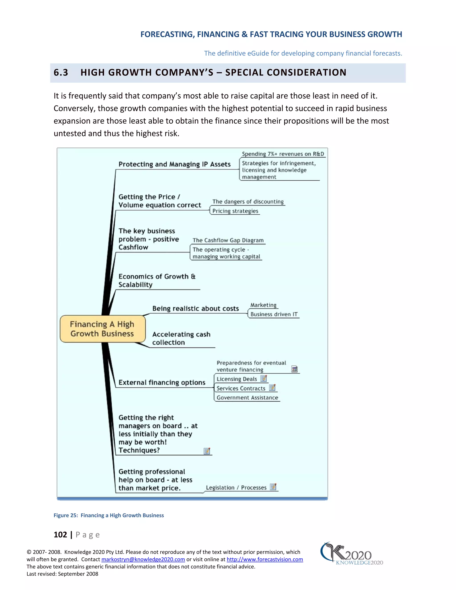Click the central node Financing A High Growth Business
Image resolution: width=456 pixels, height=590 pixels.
pos(102,329)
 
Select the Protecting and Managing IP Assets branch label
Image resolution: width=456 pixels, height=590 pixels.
pos(175,164)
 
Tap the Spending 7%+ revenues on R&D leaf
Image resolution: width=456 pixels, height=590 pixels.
pos(283,154)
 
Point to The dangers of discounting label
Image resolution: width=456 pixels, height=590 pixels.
pos(248,201)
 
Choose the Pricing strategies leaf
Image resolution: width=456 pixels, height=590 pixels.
pos(235,211)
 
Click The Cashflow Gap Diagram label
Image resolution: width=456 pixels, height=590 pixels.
pos(228,240)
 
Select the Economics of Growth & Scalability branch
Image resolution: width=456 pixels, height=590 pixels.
pos(157,280)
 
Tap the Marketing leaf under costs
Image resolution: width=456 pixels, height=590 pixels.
pos(263,305)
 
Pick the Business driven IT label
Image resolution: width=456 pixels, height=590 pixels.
pos(274,314)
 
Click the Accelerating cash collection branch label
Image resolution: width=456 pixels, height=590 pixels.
pos(181,338)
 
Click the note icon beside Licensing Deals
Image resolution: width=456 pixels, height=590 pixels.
pos(264,378)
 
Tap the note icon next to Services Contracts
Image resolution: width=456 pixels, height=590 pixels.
pos(272,388)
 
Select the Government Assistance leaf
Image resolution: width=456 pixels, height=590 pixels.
pos(247,398)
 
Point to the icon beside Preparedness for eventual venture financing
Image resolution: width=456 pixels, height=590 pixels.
pos(294,369)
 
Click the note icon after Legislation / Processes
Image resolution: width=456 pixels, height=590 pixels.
pos(273,487)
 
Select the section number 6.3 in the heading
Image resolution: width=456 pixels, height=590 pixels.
pos(61,72)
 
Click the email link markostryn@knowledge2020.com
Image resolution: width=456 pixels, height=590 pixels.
pos(143,559)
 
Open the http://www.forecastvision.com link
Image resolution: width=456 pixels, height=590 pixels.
pos(265,559)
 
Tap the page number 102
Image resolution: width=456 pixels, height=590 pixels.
pos(60,535)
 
